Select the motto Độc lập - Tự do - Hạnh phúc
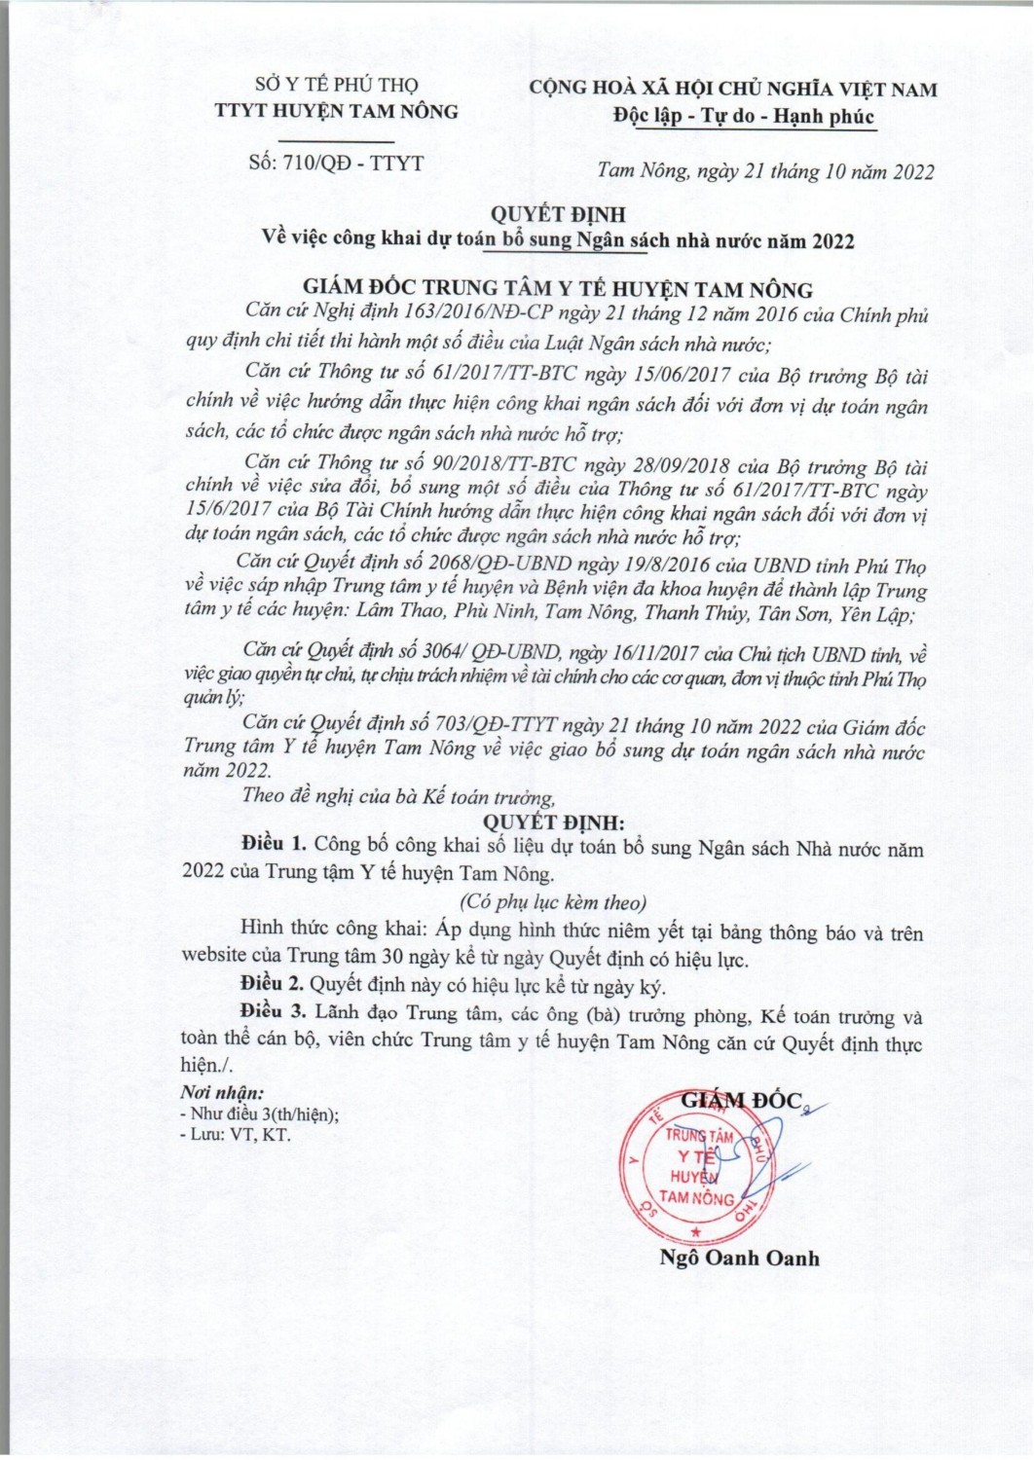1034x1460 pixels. pos(744,117)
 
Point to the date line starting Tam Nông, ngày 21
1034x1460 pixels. pos(764,172)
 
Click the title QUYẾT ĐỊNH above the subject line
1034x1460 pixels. pos(557,214)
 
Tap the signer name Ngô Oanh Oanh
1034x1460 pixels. pos(739,1258)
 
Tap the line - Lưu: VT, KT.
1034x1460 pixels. pos(236,1135)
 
